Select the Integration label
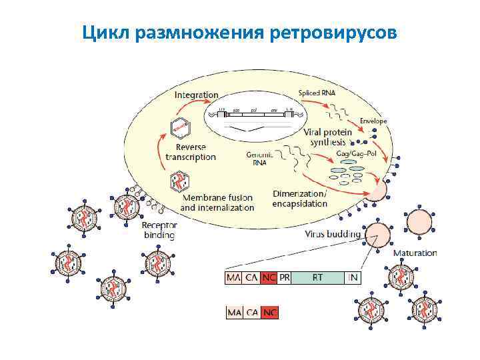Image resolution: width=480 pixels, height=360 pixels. tap(197, 95)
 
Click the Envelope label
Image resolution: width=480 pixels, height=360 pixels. tap(373, 121)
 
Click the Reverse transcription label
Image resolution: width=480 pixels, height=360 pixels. tap(191, 152)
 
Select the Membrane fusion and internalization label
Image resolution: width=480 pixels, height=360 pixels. tap(217, 203)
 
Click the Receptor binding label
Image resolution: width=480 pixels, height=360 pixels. tap(159, 230)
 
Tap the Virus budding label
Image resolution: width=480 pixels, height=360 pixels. tap(333, 234)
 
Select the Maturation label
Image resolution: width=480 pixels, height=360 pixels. tap(415, 253)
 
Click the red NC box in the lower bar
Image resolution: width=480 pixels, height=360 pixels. tap(270, 312)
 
